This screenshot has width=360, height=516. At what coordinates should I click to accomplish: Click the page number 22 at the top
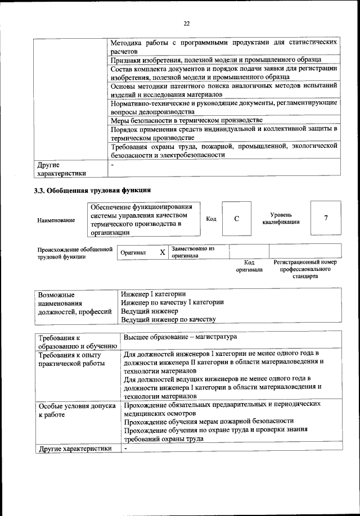click(186, 23)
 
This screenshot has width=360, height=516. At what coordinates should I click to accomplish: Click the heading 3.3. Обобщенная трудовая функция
click(92, 190)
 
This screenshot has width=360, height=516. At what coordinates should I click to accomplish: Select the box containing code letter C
click(237, 218)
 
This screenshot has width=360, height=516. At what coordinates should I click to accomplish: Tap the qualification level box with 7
click(326, 218)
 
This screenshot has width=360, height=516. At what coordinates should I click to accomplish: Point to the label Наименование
click(56, 221)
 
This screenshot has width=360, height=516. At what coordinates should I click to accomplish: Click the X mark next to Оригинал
click(162, 253)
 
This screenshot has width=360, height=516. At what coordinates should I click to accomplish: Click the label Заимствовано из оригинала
click(193, 251)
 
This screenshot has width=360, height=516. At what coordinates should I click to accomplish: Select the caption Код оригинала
click(249, 266)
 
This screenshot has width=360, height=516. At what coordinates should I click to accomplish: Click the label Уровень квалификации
click(281, 219)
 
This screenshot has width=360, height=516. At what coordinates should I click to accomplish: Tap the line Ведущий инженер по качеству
click(168, 319)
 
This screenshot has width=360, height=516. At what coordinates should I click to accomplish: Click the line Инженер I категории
click(154, 294)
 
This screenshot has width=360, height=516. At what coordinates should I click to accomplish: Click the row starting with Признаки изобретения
click(215, 59)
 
